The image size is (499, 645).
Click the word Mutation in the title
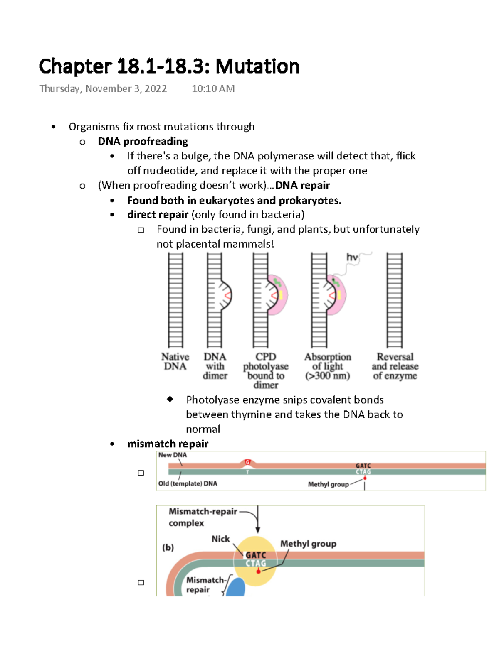pyautogui.click(x=257, y=66)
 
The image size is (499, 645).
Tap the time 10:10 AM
pyautogui.click(x=213, y=89)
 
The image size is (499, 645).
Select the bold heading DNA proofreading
pyautogui.click(x=143, y=141)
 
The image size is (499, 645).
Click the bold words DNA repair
pyautogui.click(x=302, y=185)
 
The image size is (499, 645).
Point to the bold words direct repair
pyautogui.click(x=158, y=215)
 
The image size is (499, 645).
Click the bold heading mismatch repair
pyautogui.click(x=168, y=444)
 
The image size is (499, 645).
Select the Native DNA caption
pyautogui.click(x=175, y=362)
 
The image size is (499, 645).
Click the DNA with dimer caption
pyautogui.click(x=215, y=366)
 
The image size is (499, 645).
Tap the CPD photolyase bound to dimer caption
pyautogui.click(x=266, y=371)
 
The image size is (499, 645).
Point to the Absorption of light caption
pyautogui.click(x=328, y=366)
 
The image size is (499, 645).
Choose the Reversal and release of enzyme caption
pyautogui.click(x=395, y=366)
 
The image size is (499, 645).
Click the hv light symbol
pyautogui.click(x=352, y=258)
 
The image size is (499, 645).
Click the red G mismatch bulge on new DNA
pyautogui.click(x=247, y=462)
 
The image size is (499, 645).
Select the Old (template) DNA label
pyautogui.click(x=188, y=483)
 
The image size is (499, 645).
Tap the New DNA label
pyautogui.click(x=172, y=455)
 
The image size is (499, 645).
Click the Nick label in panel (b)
pyautogui.click(x=220, y=539)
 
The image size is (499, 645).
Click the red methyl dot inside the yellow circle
pyautogui.click(x=258, y=571)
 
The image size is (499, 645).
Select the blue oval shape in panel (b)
pyautogui.click(x=235, y=588)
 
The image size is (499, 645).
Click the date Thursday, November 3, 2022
pyautogui.click(x=103, y=89)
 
